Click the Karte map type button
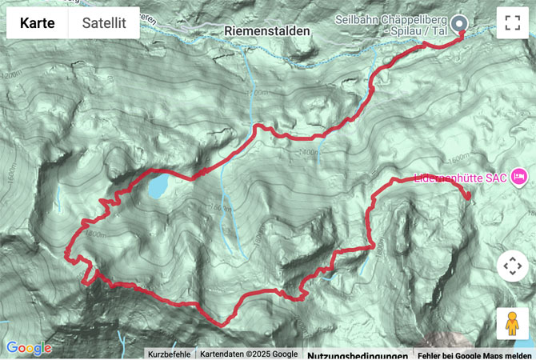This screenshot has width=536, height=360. (x=38, y=23)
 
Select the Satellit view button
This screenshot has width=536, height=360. (x=104, y=23)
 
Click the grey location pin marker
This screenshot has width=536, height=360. (x=459, y=24)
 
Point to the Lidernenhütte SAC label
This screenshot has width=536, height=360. (x=460, y=178)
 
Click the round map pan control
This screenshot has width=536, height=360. (x=512, y=266)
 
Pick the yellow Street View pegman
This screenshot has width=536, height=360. (x=512, y=323)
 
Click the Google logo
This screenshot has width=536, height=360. (x=28, y=348)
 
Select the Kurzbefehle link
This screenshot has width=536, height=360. (x=169, y=354)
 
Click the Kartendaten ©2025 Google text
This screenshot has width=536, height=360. (x=248, y=354)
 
